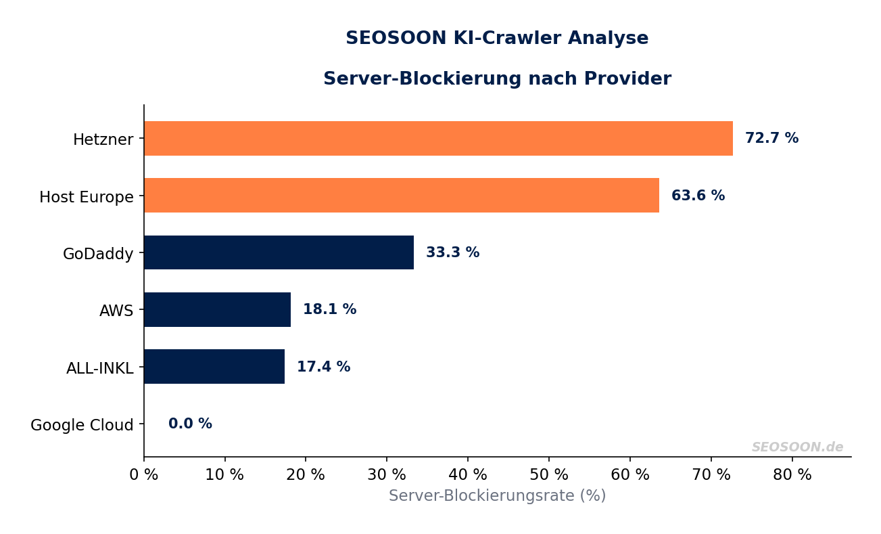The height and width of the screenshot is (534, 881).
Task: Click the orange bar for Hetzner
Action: click(438, 139)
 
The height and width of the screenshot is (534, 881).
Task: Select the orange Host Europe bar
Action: click(402, 196)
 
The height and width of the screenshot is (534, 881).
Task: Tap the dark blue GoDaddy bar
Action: click(279, 252)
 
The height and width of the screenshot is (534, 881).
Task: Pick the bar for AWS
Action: click(217, 310)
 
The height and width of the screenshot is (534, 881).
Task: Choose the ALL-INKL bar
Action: click(214, 367)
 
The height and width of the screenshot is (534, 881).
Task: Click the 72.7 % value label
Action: click(771, 139)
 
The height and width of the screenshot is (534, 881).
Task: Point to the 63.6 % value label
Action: click(698, 196)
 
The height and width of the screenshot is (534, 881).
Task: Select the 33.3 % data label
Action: click(452, 253)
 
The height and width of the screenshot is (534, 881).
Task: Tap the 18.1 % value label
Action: click(329, 310)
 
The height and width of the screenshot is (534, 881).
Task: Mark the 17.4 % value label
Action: click(323, 368)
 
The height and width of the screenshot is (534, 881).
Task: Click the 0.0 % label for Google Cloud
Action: click(190, 424)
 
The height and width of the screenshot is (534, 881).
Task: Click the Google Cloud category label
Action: click(82, 425)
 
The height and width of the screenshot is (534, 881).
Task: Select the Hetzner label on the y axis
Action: click(103, 140)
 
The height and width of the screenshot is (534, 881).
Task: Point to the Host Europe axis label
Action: click(87, 198)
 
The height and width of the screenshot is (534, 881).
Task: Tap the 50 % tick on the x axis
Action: click(548, 475)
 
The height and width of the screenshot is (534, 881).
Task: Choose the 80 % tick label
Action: click(792, 475)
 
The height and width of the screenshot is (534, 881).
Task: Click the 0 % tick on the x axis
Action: click(143, 475)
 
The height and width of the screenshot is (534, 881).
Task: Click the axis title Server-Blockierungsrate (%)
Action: click(497, 496)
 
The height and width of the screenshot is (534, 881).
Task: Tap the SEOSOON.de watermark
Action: click(797, 447)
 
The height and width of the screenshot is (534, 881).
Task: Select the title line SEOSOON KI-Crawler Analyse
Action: click(497, 39)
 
